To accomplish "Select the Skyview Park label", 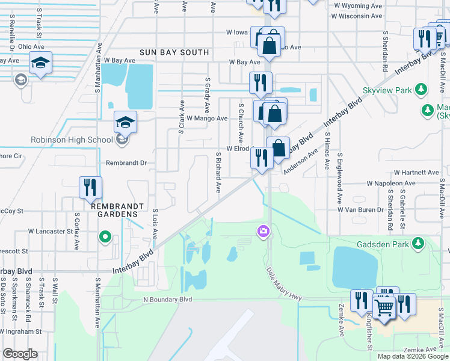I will click(x=387, y=90).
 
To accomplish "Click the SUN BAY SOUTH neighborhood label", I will click(x=174, y=52).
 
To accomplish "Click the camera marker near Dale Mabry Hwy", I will click(x=263, y=230).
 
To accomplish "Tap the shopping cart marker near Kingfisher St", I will click(x=384, y=307).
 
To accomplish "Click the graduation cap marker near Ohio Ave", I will click(x=40, y=62).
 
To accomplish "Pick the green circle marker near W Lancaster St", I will click(x=105, y=237).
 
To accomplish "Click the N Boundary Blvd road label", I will click(x=167, y=299).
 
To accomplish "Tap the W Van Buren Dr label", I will click(x=360, y=210).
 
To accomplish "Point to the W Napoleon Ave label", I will click(x=391, y=183).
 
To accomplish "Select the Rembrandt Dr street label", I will click(x=126, y=163).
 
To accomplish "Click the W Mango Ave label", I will click(x=207, y=119).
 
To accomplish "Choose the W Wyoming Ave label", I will click(x=359, y=5).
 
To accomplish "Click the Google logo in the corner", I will click(x=20, y=354).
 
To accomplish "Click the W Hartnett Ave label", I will click(x=416, y=172).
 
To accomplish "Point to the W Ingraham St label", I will click(x=21, y=332).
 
